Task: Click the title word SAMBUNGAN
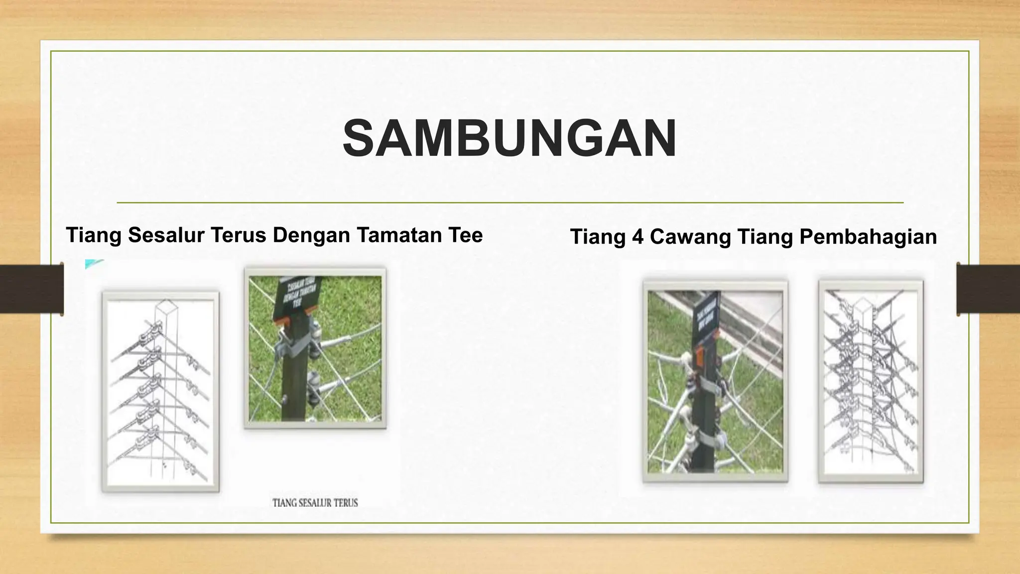click(x=510, y=138)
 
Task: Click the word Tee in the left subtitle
click(x=466, y=235)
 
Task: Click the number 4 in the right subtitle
click(x=637, y=237)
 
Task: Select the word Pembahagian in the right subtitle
click(x=868, y=237)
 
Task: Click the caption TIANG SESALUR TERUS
click(x=315, y=503)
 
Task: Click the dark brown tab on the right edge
click(x=988, y=289)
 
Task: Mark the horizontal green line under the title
click(x=510, y=203)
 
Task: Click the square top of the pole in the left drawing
click(x=165, y=306)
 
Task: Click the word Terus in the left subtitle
click(x=240, y=235)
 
